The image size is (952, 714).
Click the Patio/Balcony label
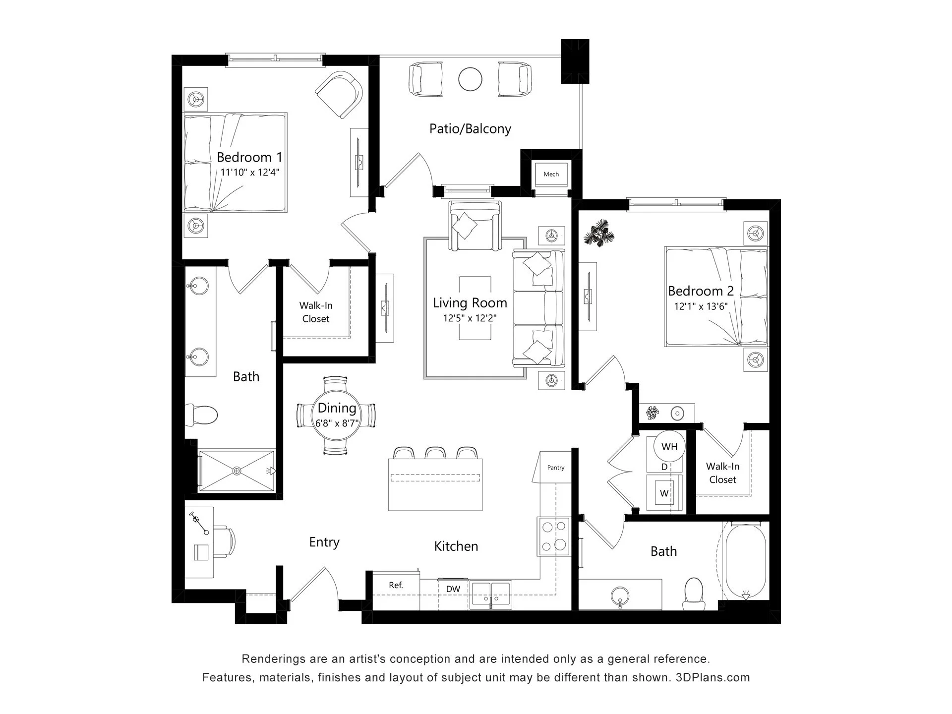(470, 129)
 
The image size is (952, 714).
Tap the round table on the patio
(470, 78)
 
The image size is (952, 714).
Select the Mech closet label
(551, 174)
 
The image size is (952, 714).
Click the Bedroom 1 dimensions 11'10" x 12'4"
(250, 173)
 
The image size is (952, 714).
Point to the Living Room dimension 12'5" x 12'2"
(470, 318)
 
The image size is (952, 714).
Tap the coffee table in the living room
(476, 308)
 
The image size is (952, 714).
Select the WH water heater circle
(669, 447)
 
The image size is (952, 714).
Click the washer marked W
(664, 493)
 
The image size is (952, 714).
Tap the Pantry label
(556, 468)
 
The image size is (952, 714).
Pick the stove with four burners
(554, 535)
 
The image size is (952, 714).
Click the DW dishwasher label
(453, 589)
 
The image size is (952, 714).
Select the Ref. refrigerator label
(396, 585)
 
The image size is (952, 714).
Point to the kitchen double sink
(491, 595)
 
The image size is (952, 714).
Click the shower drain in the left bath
(237, 470)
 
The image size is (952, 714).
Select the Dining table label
(337, 408)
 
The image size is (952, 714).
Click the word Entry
(324, 542)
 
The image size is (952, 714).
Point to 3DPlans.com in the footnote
(713, 677)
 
